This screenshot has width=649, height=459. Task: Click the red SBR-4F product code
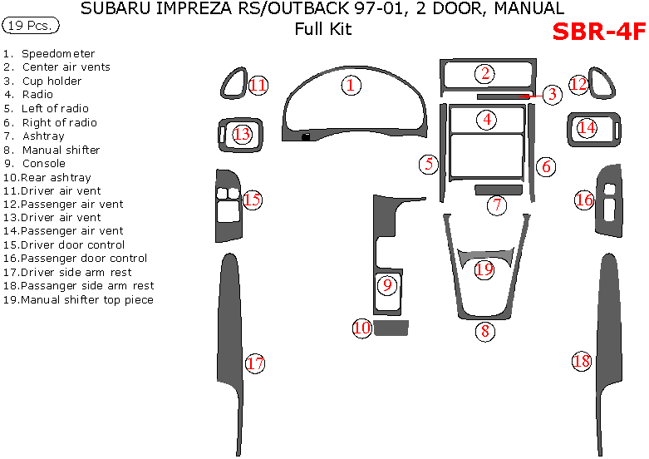pyautogui.click(x=598, y=32)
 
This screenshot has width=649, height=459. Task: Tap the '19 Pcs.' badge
pyautogui.click(x=31, y=26)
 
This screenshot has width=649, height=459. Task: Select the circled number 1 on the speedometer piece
pyautogui.click(x=351, y=85)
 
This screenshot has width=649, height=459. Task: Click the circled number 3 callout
pyautogui.click(x=552, y=94)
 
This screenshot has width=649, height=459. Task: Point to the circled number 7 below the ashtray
pyautogui.click(x=497, y=205)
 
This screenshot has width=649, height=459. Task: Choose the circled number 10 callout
pyautogui.click(x=361, y=328)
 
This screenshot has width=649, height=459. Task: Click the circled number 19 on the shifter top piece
pyautogui.click(x=484, y=269)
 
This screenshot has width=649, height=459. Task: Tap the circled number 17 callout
pyautogui.click(x=255, y=363)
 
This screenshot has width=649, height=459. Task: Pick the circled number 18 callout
pyautogui.click(x=581, y=361)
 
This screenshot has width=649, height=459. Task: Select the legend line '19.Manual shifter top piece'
pyautogui.click(x=78, y=299)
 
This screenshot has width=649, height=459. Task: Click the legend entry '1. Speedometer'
pyautogui.click(x=49, y=53)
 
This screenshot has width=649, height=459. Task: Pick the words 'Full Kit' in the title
pyautogui.click(x=323, y=30)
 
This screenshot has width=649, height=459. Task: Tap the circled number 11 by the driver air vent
pyautogui.click(x=258, y=85)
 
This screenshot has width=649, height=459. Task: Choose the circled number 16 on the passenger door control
pyautogui.click(x=584, y=200)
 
